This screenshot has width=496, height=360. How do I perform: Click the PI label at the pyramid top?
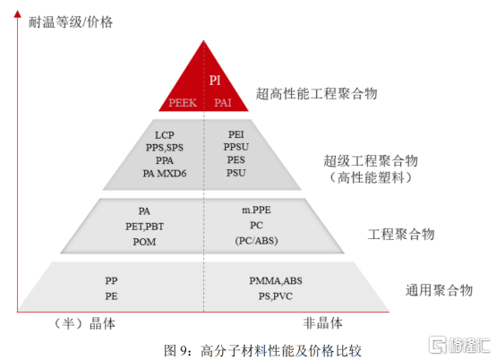click(215, 81)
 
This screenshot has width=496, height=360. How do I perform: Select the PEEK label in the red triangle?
click(183, 102)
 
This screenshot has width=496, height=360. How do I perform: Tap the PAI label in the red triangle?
click(223, 102)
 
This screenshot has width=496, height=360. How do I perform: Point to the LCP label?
click(165, 135)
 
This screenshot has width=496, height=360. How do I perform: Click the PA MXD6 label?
click(165, 174)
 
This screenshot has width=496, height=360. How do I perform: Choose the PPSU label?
click(236, 147)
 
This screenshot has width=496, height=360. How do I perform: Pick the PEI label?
click(236, 134)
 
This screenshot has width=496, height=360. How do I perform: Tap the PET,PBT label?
click(144, 227)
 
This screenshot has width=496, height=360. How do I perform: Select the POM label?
click(144, 242)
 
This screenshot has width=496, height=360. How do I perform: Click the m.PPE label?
click(256, 210)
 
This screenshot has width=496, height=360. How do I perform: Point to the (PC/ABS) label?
click(256, 241)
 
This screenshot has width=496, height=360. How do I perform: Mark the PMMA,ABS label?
click(276, 280)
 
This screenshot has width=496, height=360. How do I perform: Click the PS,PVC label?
click(276, 296)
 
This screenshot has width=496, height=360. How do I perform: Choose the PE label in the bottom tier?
click(111, 296)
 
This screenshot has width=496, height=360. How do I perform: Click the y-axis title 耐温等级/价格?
click(71, 21)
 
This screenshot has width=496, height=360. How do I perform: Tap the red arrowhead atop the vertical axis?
click(18, 13)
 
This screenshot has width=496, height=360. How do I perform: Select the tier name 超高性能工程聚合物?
click(316, 93)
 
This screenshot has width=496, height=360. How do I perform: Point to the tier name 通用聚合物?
click(439, 290)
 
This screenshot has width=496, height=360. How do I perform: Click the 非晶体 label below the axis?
click(322, 323)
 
